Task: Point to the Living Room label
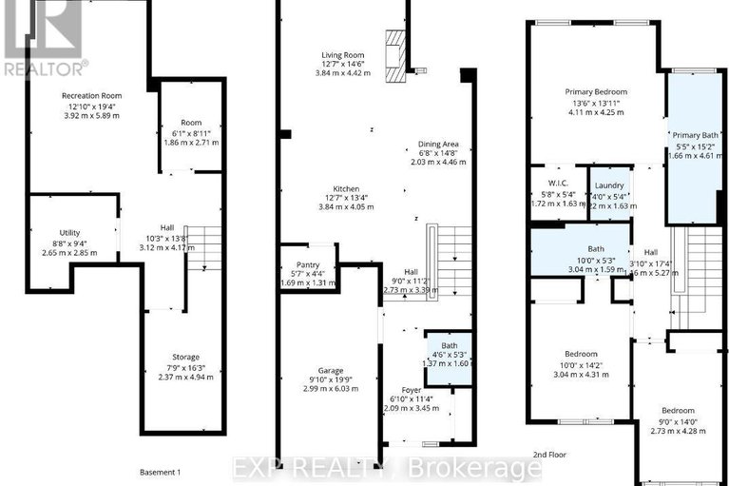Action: (x=339, y=56)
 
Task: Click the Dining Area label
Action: (x=438, y=144)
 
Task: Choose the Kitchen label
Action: (x=339, y=187)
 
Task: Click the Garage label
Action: (x=331, y=370)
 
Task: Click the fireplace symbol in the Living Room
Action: (x=395, y=46)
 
